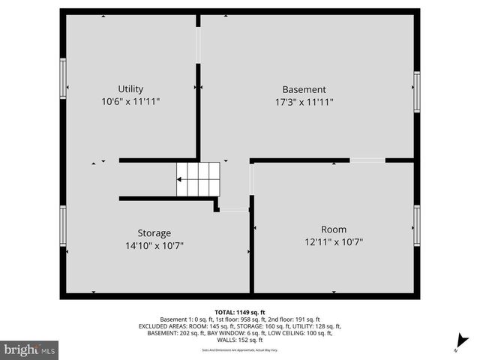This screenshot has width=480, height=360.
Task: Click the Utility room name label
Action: tap(130, 88)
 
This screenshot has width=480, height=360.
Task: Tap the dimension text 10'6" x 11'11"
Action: tap(130, 101)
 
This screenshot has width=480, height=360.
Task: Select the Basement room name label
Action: tap(304, 88)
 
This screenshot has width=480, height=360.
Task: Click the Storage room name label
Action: tap(154, 232)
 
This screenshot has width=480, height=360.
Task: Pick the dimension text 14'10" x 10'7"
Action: tap(154, 245)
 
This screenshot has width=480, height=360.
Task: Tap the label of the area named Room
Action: tap(334, 229)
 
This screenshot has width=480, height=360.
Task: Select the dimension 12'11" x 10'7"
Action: tap(334, 242)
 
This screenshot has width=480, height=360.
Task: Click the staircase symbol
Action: tap(196, 179)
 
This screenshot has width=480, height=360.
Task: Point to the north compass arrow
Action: tap(463, 340)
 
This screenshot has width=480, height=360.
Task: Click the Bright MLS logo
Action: tap(30, 349)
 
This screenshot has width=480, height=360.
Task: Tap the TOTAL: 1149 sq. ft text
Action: tap(239, 312)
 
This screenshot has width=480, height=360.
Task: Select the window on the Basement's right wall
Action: tap(417, 91)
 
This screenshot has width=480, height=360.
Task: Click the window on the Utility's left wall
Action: tap(63, 77)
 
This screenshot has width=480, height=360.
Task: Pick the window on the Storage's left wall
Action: tap(63, 226)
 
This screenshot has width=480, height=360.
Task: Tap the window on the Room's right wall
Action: tap(417, 225)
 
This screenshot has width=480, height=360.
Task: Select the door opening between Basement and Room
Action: tap(367, 160)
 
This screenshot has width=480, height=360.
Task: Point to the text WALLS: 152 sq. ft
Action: tap(239, 340)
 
